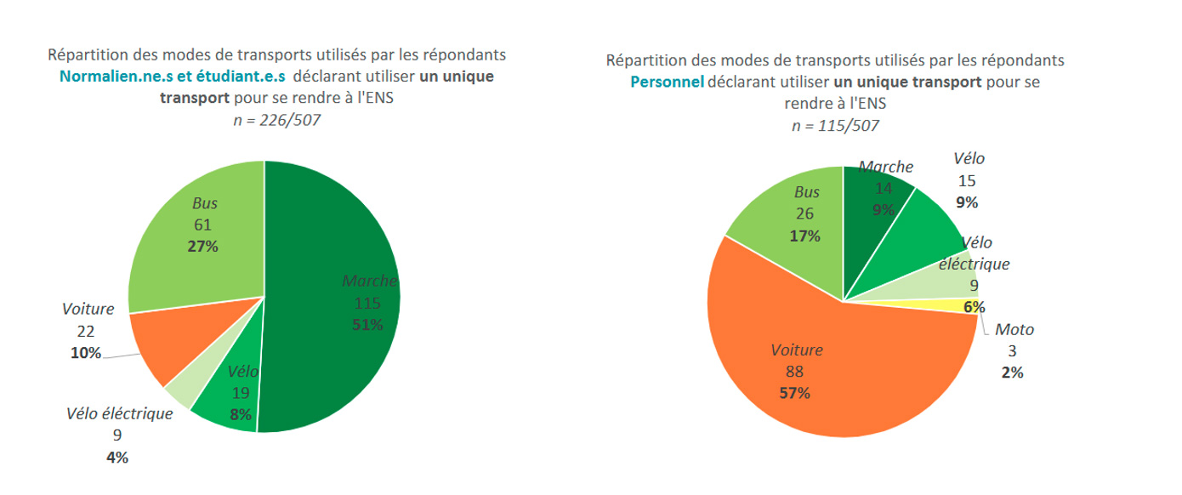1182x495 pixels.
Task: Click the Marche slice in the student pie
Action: (x=340, y=340)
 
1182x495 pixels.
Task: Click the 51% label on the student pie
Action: (x=368, y=324)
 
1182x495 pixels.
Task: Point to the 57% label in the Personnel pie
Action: (x=795, y=393)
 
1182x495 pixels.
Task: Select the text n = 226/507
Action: (x=277, y=120)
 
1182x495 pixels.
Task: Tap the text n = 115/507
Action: (x=835, y=126)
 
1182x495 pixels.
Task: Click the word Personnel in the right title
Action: (x=666, y=82)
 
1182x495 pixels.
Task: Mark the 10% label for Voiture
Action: (x=86, y=353)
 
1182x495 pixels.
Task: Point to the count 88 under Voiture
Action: (x=795, y=372)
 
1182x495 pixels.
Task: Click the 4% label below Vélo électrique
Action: (x=116, y=458)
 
